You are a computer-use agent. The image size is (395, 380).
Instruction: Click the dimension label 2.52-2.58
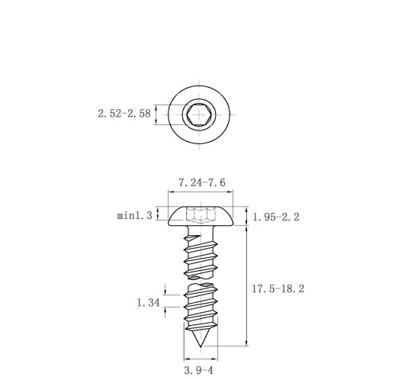tap(124, 114)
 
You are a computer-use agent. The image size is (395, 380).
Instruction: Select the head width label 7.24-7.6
tap(202, 182)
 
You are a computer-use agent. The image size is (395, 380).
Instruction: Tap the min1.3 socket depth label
tap(134, 216)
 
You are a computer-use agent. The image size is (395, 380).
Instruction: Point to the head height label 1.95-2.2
tap(276, 217)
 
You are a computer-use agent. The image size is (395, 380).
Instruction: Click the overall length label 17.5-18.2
tap(278, 288)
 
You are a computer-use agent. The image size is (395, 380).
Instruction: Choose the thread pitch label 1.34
tap(149, 303)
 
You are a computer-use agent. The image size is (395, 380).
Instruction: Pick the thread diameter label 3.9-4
tap(199, 370)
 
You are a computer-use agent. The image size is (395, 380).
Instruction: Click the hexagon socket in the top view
tap(199, 114)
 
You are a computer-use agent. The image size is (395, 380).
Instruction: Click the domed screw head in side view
tap(201, 216)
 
